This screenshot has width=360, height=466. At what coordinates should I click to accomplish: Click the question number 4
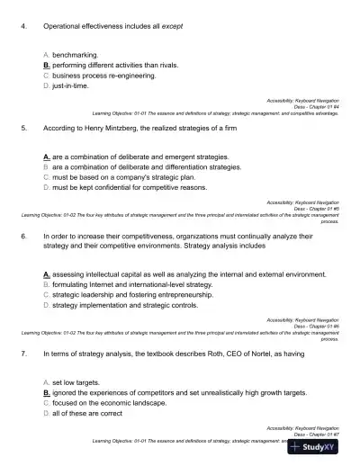pos(22,27)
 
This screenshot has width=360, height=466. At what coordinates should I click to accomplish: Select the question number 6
pos(22,235)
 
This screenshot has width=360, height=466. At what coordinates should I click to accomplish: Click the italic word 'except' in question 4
pos(173,27)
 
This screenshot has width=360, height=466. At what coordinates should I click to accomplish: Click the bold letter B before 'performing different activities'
pos(46,66)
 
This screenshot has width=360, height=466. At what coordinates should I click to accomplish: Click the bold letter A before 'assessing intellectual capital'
pos(46,273)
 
